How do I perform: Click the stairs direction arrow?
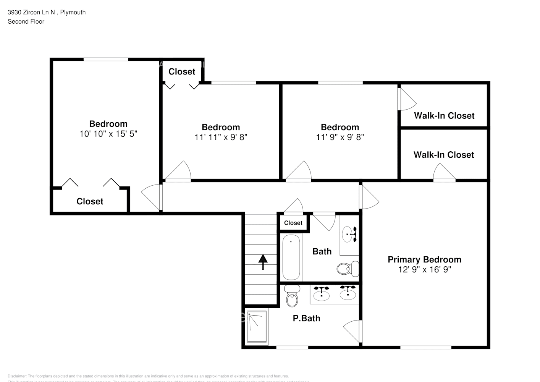[x=263, y=262]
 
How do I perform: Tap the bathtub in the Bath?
[x=291, y=257]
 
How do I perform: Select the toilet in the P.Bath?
[x=293, y=296]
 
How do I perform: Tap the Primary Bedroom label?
[x=424, y=259]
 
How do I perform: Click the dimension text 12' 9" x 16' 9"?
[x=424, y=269]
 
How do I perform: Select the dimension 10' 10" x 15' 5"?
[x=108, y=134]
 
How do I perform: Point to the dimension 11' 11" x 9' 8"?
[x=221, y=137]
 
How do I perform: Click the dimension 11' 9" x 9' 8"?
[x=340, y=137]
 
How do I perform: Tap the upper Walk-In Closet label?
[x=444, y=115]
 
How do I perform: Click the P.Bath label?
[x=306, y=318]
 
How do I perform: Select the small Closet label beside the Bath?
[x=293, y=223]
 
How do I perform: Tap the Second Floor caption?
[x=26, y=21]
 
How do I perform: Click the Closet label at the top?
[x=182, y=71]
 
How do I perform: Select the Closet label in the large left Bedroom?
[x=90, y=201]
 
